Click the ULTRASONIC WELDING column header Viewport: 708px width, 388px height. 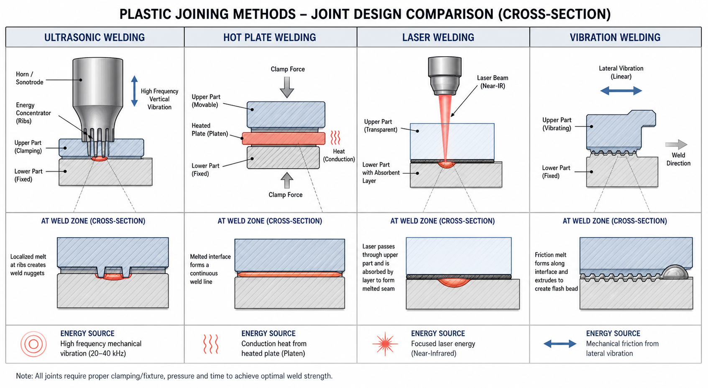[x=95, y=37]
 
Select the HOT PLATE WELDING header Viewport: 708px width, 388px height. [x=270, y=37]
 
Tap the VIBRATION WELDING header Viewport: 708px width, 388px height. [x=615, y=37]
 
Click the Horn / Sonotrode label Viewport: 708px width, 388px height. [x=29, y=78]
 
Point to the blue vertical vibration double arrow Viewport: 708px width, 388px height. [x=134, y=91]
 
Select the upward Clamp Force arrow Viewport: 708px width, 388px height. [x=287, y=180]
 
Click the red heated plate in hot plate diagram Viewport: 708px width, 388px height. [x=284, y=139]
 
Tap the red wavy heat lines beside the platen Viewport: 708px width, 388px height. [x=335, y=138]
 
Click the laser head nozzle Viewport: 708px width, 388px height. [x=445, y=76]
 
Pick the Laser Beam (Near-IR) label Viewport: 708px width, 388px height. [x=493, y=82]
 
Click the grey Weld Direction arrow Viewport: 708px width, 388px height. [x=676, y=145]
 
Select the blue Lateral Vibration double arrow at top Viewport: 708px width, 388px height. [x=621, y=91]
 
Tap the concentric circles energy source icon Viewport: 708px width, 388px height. [x=33, y=344]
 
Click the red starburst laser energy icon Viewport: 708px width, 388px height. [x=385, y=344]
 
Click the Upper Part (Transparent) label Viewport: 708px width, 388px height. [x=381, y=126]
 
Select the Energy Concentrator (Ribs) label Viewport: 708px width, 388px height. [x=33, y=113]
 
